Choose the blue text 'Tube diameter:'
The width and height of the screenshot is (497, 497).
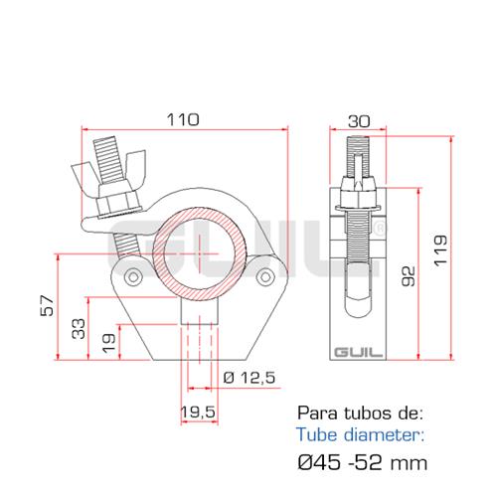[359, 433]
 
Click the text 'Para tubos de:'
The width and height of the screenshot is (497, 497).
[360, 412]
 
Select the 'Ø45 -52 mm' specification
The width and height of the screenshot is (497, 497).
[364, 462]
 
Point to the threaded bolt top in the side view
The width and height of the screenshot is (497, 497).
[358, 157]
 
